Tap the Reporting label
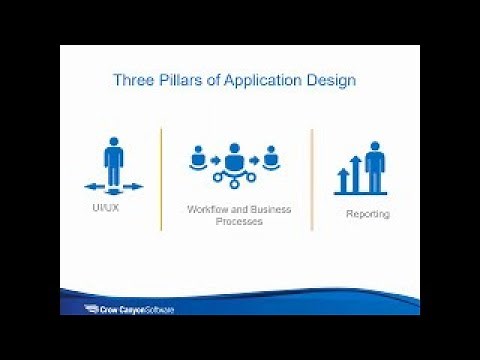(367, 214)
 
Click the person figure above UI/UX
(113, 162)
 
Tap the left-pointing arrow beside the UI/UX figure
(93, 186)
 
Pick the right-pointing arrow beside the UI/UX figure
(134, 186)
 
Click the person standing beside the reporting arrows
(375, 166)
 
